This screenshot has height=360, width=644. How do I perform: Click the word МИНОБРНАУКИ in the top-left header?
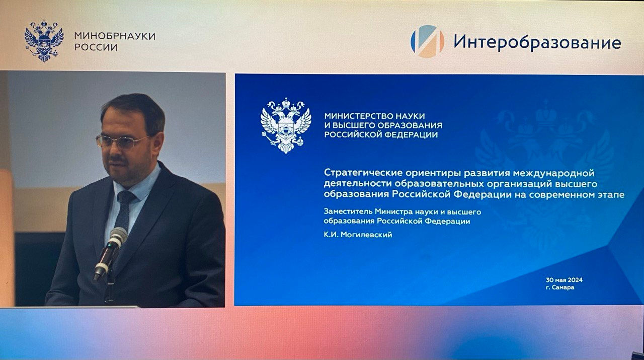pyautogui.click(x=115, y=36)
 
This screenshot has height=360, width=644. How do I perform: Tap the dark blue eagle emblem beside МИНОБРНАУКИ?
pyautogui.click(x=44, y=41)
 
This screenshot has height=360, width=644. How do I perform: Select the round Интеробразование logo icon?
pyautogui.click(x=427, y=41)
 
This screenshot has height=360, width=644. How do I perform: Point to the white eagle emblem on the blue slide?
pyautogui.click(x=285, y=125)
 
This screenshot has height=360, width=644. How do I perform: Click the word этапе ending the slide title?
pyautogui.click(x=610, y=195)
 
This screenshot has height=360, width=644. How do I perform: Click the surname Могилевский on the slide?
pyautogui.click(x=366, y=235)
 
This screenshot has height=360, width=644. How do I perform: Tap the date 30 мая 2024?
pyautogui.click(x=564, y=280)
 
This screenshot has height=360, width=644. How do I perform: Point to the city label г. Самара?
pyautogui.click(x=560, y=287)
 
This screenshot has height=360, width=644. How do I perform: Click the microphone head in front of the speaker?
pyautogui.click(x=117, y=236)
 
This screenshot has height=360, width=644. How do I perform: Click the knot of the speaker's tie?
pyautogui.click(x=126, y=197)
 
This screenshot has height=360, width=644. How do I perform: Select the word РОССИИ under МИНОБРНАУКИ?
pyautogui.click(x=96, y=47)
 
